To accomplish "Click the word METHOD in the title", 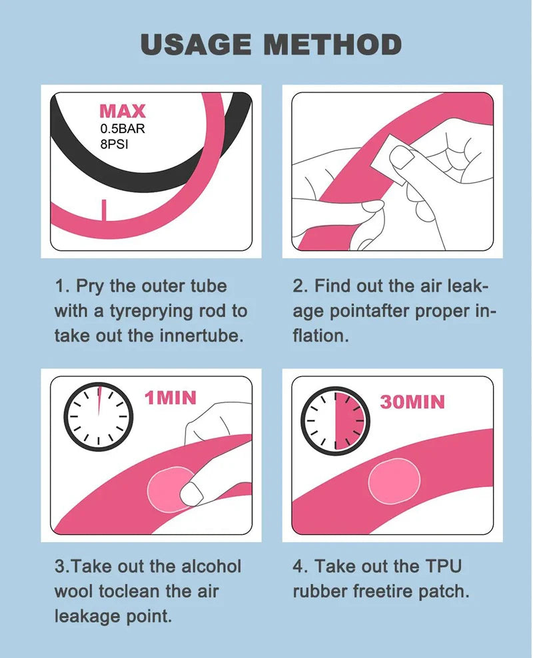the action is pos(332,45).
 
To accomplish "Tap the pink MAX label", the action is pos(123,111).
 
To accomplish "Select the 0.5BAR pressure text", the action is pos(123,129).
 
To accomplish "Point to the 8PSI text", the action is pos(115,144).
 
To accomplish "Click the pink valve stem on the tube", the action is pos(104,210).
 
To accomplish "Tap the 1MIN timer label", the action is pos(171,398).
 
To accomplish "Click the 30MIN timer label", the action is pos(412,402).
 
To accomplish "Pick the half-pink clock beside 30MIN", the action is pos(335,421).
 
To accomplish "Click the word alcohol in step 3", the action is pos(211,566).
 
